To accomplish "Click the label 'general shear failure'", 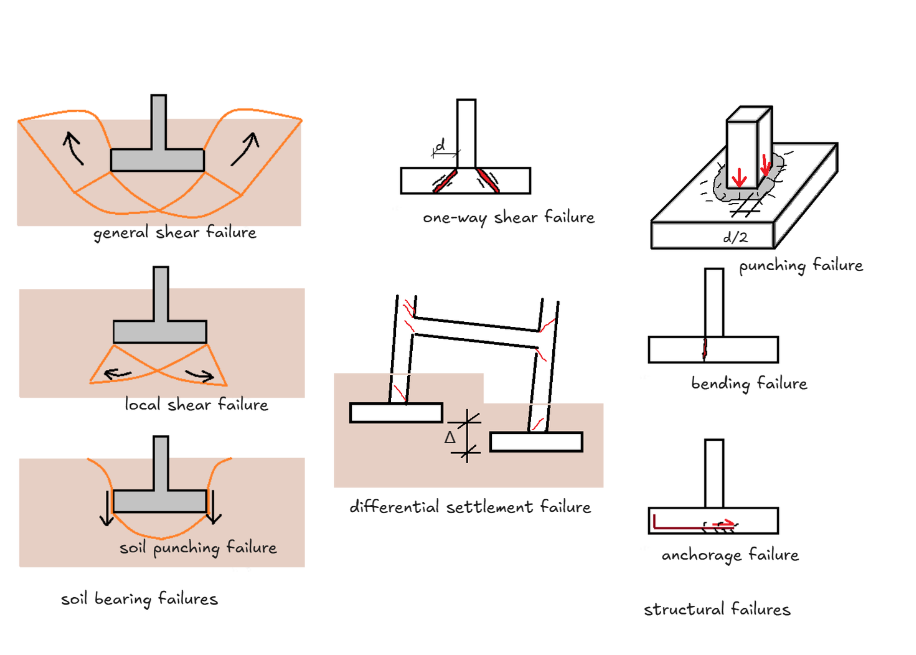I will pos(175,233).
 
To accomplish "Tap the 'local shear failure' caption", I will pos(196,405).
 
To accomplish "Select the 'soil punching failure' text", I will pos(198,548).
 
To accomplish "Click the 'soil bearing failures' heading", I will pos(139,600).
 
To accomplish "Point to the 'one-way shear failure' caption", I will pos(508,217).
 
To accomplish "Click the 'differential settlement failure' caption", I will pos(470,507).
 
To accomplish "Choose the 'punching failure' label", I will pos(801,266).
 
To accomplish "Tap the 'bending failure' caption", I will pos(748,383).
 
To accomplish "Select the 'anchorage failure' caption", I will pos(730,555).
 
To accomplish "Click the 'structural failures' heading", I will pos(717,609).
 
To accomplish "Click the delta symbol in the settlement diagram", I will pos(451,437).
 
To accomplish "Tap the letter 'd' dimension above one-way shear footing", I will pos(441,146).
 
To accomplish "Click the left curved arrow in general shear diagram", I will pos(71,151).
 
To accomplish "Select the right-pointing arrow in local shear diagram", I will pos(200,376).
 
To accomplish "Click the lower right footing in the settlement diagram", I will pos(536,442).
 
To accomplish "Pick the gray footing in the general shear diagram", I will pos(157,159).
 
